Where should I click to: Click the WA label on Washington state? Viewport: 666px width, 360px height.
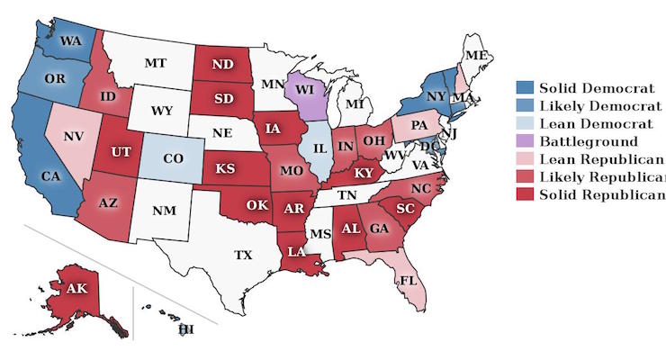(x=71, y=40)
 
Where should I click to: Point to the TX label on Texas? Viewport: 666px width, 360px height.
(x=244, y=255)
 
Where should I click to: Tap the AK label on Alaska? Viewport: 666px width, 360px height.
(x=76, y=289)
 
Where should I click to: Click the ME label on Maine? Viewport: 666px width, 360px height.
(x=478, y=56)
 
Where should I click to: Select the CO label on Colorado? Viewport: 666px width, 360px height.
(x=174, y=158)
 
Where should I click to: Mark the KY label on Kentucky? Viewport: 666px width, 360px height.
(x=363, y=172)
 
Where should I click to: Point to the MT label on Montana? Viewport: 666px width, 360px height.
(x=158, y=64)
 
